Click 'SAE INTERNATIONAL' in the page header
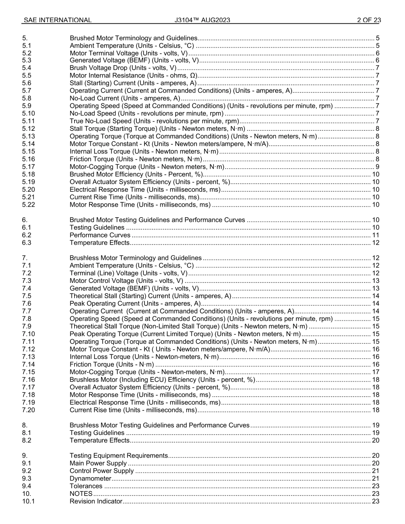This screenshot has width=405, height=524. [x=57, y=20]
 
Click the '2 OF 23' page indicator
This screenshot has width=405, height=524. [x=369, y=20]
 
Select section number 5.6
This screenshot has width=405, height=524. [x=27, y=83]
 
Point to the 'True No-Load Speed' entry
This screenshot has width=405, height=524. [x=154, y=121]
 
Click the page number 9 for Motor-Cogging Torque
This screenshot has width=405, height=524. [x=377, y=167]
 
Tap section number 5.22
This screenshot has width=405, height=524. [x=28, y=205]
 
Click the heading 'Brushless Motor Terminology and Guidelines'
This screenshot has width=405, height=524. [x=135, y=258]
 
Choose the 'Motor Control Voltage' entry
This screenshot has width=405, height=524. [x=126, y=281]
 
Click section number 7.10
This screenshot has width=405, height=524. [x=28, y=334]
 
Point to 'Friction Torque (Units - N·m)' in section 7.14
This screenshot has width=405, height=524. [x=112, y=365]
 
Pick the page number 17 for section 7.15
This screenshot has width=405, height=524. [x=376, y=372]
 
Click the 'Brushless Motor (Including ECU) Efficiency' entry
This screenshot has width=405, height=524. [x=162, y=380]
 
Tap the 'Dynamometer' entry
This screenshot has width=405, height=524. [x=87, y=479]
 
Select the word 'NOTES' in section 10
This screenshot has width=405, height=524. [x=81, y=494]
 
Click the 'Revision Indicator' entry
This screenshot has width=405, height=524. [x=95, y=501]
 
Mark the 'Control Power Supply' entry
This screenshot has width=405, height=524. [x=101, y=471]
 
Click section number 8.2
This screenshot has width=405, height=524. [x=27, y=441]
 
